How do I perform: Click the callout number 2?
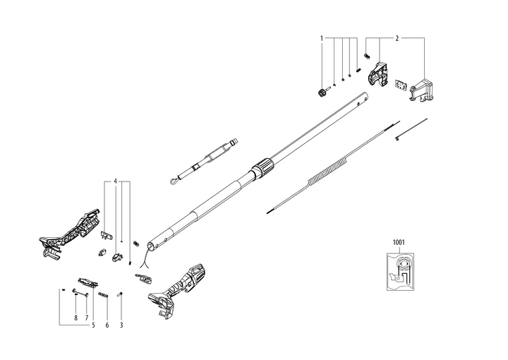tap(397, 37)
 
